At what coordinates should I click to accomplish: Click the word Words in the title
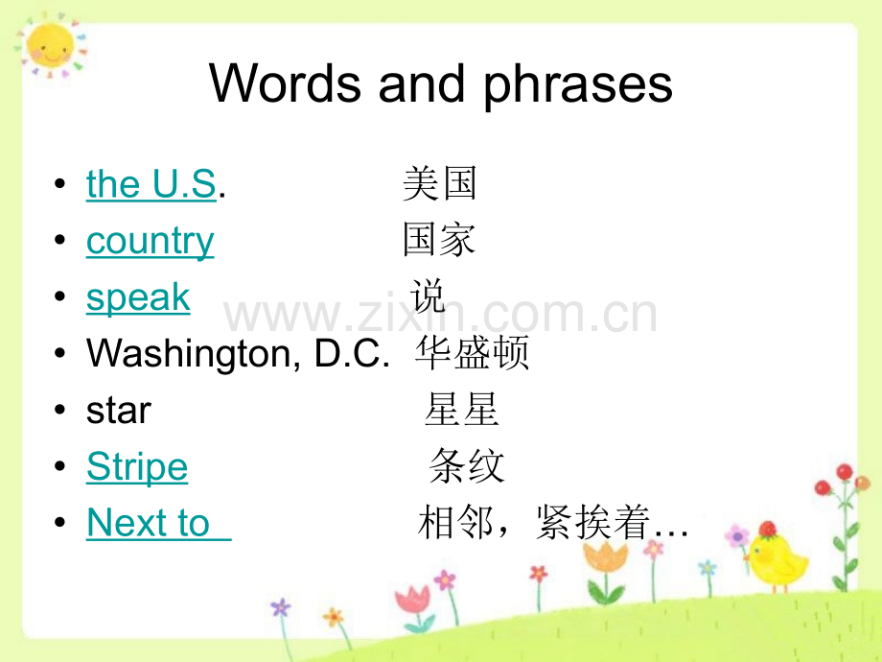point(285,83)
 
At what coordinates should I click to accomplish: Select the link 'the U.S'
point(151,183)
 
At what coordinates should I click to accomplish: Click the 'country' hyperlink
point(151,242)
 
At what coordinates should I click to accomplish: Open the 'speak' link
point(138,297)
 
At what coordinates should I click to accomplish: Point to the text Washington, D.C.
point(238,354)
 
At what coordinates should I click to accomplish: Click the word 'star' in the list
point(119,411)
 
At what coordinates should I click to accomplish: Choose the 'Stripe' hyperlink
point(137,466)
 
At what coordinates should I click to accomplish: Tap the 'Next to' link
point(149,522)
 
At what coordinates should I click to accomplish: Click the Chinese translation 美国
point(440,183)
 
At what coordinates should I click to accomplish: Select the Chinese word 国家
point(440,240)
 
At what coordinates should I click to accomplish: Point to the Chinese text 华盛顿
point(473,353)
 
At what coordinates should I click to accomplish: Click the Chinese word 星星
point(462,410)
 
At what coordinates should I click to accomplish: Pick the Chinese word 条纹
point(467,465)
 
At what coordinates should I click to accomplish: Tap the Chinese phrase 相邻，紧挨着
point(534,522)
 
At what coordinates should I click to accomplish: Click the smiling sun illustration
point(51,45)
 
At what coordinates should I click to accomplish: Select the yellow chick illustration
point(777,557)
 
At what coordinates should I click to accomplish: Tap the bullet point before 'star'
point(60,410)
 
